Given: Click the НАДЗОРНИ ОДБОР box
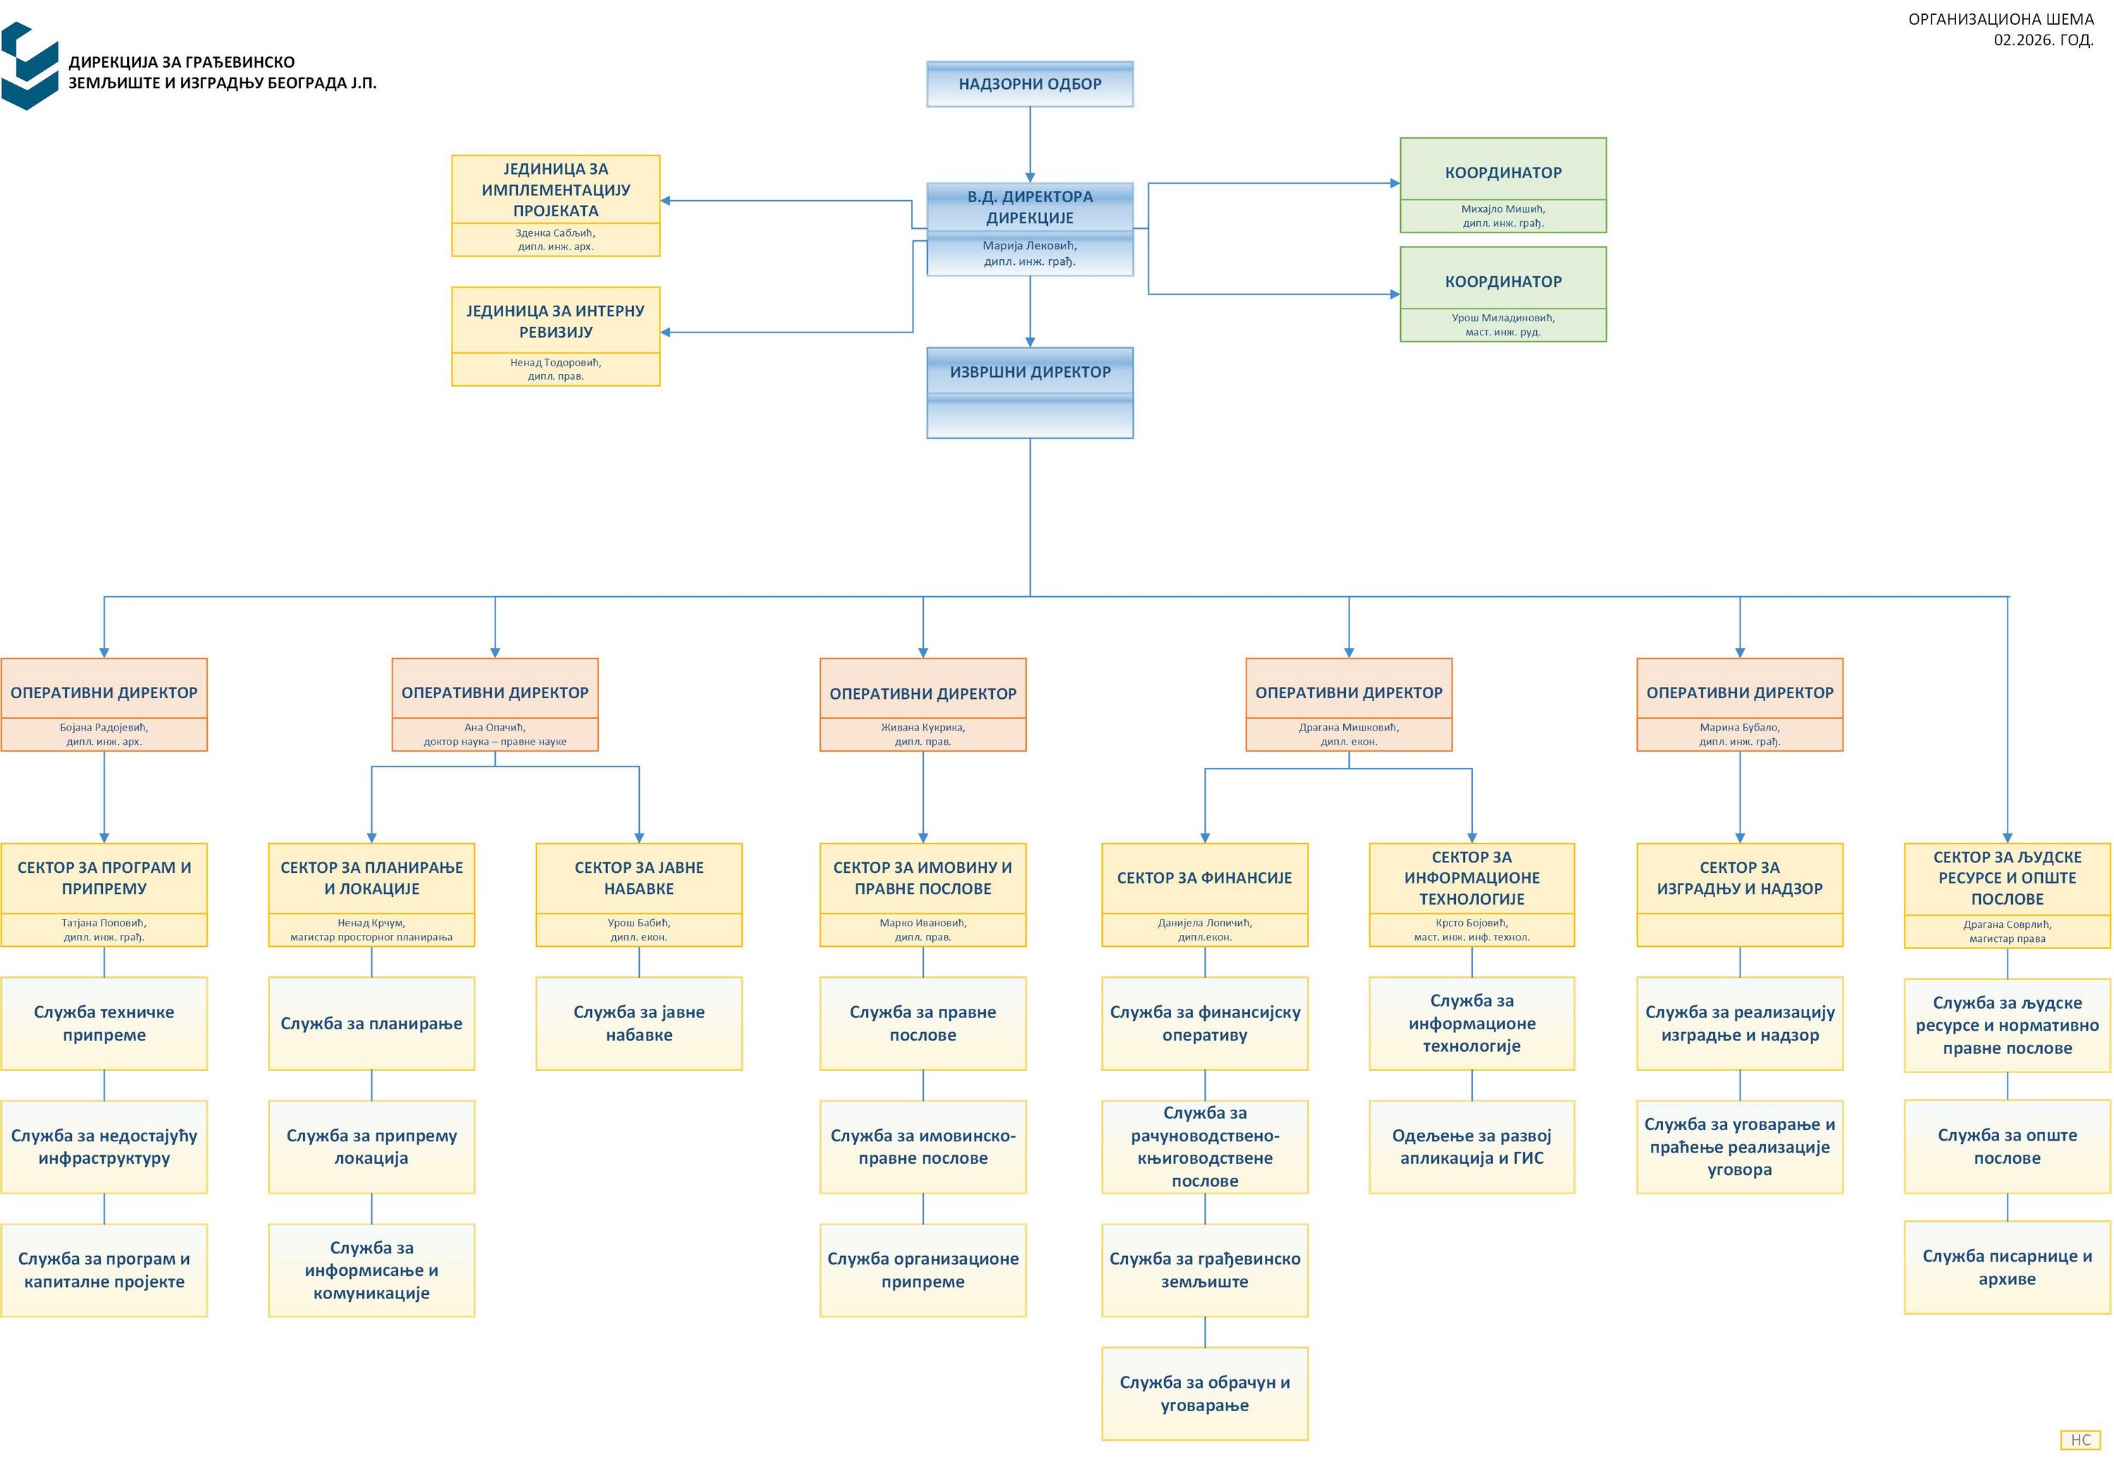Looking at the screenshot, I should (1030, 84).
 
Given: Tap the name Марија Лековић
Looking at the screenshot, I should (1030, 246).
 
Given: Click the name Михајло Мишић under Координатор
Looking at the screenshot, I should (1502, 209).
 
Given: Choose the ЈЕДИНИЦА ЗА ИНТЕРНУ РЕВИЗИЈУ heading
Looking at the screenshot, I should (555, 321).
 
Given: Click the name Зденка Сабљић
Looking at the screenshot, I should (555, 233).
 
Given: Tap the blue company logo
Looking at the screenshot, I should (30, 66).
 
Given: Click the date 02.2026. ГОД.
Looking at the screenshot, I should (2043, 40).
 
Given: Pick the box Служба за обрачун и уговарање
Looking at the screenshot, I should (1204, 1393).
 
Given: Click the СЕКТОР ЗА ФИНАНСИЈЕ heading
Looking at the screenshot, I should (1204, 878).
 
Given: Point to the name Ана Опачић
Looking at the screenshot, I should (495, 728).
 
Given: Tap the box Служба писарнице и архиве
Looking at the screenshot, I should (2007, 1267).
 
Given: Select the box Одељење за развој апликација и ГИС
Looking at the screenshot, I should (1471, 1146).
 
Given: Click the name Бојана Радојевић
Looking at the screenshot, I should (104, 728).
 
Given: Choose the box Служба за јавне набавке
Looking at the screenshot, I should (638, 1023).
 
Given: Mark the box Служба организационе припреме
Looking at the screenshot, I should (922, 1269).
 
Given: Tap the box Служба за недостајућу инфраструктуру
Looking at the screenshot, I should (104, 1146).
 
